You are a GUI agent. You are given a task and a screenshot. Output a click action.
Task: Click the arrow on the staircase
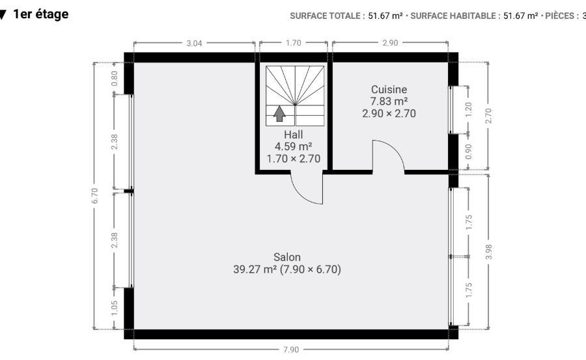click(279, 114)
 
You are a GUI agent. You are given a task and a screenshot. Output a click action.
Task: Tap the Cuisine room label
click(389, 89)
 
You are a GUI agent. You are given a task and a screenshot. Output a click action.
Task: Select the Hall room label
click(294, 135)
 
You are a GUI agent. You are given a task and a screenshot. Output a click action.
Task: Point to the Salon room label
click(287, 257)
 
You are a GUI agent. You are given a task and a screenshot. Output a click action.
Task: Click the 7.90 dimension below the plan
click(291, 350)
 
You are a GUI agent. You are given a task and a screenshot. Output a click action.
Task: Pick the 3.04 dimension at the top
click(194, 43)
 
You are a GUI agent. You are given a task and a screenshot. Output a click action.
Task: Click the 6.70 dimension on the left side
click(95, 196)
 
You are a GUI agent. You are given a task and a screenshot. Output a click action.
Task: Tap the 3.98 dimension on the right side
click(488, 251)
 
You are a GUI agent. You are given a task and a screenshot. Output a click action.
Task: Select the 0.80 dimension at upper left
click(115, 78)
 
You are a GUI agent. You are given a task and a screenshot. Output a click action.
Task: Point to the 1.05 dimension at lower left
click(115, 308)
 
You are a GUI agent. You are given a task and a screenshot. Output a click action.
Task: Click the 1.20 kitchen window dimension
click(469, 109)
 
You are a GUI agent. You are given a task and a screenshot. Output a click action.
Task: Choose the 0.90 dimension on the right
click(469, 152)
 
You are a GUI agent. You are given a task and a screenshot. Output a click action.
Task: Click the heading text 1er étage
click(41, 14)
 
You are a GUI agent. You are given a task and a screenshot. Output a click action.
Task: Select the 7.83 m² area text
click(389, 102)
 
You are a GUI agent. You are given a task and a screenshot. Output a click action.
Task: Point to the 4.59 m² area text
click(294, 146)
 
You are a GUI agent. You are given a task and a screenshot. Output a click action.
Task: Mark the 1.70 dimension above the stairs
click(294, 43)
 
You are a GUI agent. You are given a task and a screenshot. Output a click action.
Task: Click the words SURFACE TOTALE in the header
click(325, 16)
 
